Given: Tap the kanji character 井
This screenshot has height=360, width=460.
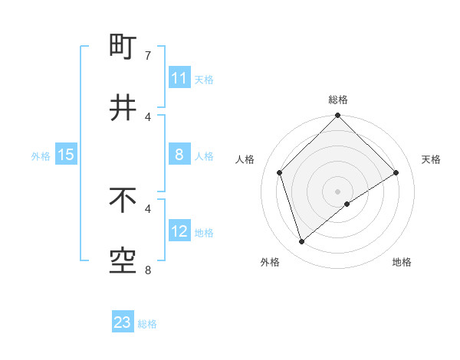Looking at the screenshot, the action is (123, 107).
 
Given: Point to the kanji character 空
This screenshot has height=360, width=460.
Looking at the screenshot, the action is (123, 260).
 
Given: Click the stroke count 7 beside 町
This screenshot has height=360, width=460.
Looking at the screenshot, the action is (148, 55).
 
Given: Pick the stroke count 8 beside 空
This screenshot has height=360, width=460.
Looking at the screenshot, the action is (148, 270).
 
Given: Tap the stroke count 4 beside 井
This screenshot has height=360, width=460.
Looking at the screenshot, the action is (148, 116).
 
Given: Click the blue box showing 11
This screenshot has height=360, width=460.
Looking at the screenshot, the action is (179, 78).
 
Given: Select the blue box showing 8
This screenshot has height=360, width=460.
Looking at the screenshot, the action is (179, 155).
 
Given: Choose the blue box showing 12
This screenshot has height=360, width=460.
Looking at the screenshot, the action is (179, 231).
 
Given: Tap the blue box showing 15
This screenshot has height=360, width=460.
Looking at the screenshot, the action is (66, 155).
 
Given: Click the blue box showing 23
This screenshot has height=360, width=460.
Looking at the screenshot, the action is (123, 322).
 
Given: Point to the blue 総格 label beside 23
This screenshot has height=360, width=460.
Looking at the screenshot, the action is (147, 324).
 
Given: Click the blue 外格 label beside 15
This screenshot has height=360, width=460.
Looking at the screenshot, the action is (41, 156).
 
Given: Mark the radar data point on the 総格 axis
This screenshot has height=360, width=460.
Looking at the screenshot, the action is (337, 116).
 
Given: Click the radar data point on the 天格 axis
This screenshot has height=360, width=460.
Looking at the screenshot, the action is (396, 172).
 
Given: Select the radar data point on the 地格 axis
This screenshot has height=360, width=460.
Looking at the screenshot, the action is (347, 204).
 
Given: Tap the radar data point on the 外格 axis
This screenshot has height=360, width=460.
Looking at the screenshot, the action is (302, 241).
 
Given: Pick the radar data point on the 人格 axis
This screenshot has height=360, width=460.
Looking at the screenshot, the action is (280, 172).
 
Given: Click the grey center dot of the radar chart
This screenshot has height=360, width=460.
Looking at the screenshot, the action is (337, 191).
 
